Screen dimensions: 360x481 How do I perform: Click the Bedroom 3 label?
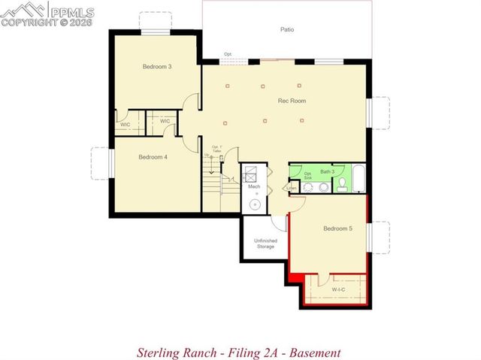(x=157, y=67)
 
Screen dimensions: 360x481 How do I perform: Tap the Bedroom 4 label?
(x=153, y=157)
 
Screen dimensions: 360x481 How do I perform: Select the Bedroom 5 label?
(x=337, y=228)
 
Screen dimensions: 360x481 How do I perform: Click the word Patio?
(x=288, y=30)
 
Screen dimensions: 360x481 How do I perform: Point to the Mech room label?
(x=254, y=186)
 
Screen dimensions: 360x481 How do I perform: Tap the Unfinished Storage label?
(x=266, y=243)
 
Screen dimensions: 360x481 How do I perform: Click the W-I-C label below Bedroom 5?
(x=338, y=288)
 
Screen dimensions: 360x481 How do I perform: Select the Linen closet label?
(x=291, y=188)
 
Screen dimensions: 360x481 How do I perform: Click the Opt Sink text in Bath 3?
(x=307, y=174)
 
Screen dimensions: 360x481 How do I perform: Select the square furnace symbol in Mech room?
(x=253, y=172)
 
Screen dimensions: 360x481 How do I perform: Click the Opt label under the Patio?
(x=227, y=54)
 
